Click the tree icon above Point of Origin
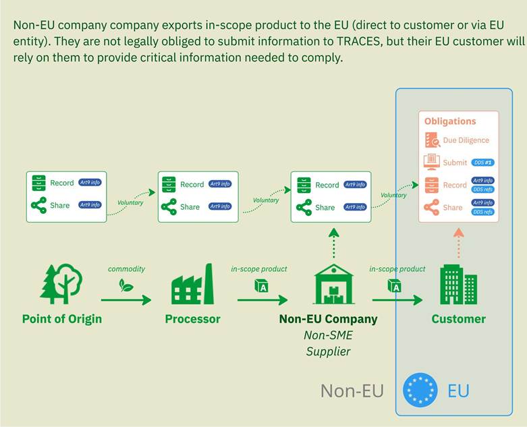pyautogui.click(x=61, y=284)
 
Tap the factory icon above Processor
pyautogui.click(x=192, y=285)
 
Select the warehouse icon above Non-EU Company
pyautogui.click(x=333, y=284)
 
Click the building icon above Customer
pyautogui.click(x=458, y=284)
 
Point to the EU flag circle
pyautogui.click(x=420, y=391)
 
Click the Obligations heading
pyautogui.click(x=450, y=121)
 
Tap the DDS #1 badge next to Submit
pyautogui.click(x=482, y=163)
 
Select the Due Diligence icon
pyautogui.click(x=432, y=140)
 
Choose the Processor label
pyautogui.click(x=192, y=319)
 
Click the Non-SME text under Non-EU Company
pyautogui.click(x=328, y=335)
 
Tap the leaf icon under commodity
pyautogui.click(x=126, y=285)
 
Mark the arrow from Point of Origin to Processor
pyautogui.click(x=126, y=300)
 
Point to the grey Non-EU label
pyautogui.click(x=352, y=391)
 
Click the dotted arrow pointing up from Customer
pyautogui.click(x=458, y=242)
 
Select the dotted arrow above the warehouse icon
pyautogui.click(x=333, y=242)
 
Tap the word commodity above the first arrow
pyautogui.click(x=126, y=269)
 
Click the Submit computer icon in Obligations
pyautogui.click(x=432, y=163)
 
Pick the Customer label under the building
pyautogui.click(x=458, y=319)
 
